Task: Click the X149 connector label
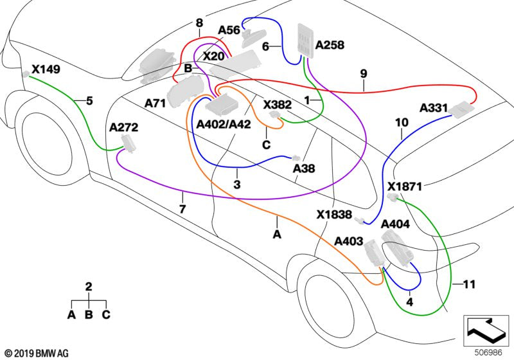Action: point(46,69)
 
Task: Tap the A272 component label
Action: point(124,127)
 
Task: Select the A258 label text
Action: point(330,45)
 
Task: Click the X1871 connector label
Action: point(405,186)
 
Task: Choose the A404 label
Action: point(395,224)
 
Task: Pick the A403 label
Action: point(348,240)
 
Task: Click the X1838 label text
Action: point(333,215)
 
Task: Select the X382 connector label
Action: point(278,104)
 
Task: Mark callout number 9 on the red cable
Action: point(364,74)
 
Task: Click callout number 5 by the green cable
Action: point(89,100)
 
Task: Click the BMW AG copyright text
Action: point(37,353)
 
